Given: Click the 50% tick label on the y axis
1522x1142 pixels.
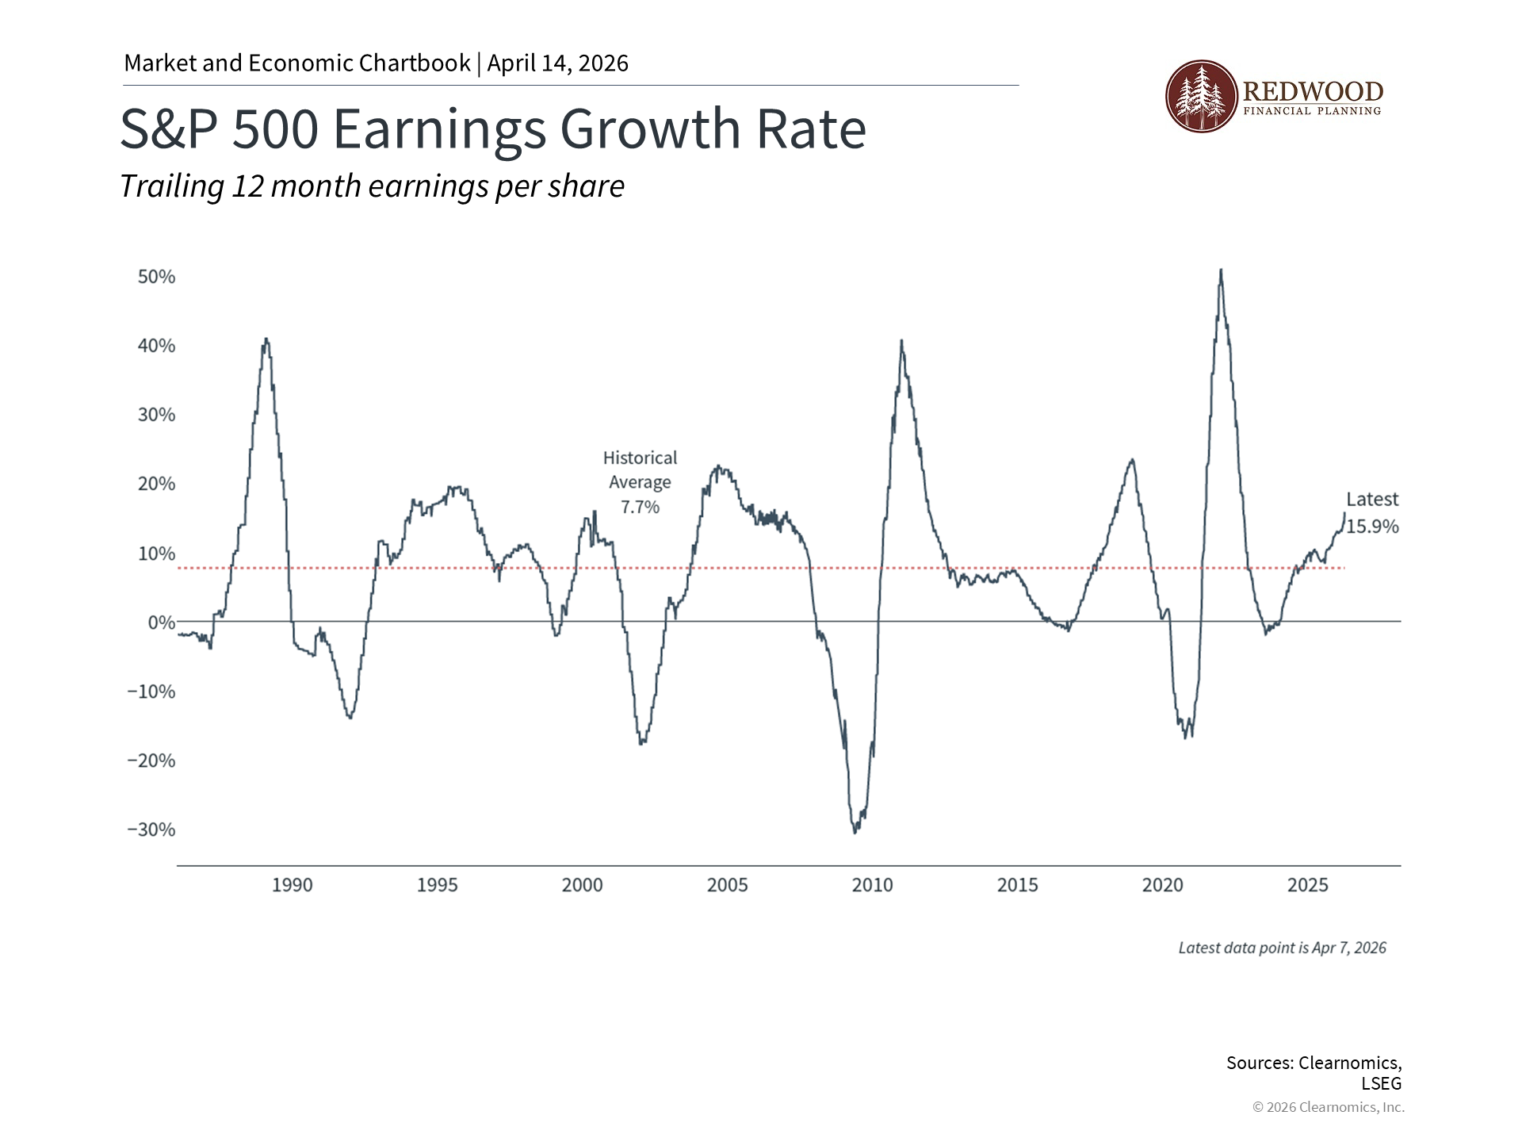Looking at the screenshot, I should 156,277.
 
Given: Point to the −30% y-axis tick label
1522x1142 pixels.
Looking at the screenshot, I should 151,830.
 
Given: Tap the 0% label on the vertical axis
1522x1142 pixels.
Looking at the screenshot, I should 162,623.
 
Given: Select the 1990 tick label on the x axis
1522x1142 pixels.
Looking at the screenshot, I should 292,885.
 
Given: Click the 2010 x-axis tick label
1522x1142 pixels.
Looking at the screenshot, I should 872,885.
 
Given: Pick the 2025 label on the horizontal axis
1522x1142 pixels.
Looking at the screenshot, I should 1307,885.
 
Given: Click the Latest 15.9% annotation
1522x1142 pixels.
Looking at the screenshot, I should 1372,513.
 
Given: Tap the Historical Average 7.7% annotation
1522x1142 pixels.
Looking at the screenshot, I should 640,482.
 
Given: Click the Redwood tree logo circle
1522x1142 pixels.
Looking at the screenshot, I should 1201,96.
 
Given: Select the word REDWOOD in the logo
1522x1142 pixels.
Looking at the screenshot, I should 1314,91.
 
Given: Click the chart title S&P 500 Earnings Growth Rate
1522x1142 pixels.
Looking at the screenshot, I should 493,129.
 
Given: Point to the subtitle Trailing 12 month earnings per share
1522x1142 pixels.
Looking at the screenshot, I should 372,186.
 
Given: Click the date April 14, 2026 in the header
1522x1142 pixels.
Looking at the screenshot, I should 557,63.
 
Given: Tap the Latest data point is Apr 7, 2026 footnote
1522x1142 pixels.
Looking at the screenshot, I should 1282,948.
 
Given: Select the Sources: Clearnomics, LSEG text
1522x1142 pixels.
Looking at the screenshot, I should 1314,1072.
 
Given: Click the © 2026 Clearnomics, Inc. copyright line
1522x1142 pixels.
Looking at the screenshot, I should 1328,1107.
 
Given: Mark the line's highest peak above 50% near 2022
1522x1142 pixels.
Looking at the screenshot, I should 1221,270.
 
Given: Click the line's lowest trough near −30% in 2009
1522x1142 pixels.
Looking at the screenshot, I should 855,832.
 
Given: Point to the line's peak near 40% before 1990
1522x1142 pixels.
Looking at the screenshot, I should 266,339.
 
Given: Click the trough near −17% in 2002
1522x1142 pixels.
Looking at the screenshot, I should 641,742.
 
